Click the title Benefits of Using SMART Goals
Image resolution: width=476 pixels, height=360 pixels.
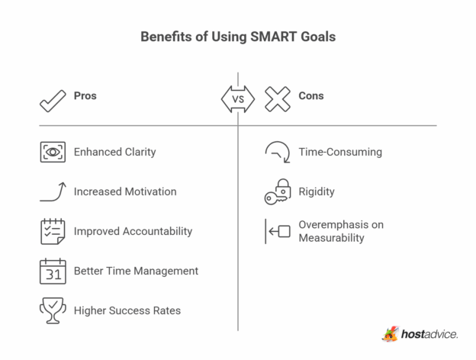[x=238, y=37]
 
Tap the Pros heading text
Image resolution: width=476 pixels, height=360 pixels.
[x=85, y=96]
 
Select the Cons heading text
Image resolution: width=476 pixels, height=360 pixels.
[x=310, y=96]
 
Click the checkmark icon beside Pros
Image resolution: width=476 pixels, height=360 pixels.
[x=53, y=98]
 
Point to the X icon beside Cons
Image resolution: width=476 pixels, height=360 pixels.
[x=278, y=98]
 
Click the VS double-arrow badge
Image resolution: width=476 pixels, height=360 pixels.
[x=238, y=98]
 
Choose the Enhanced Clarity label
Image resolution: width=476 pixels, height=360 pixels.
[x=114, y=152]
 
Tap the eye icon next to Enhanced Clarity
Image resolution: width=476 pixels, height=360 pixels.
[x=53, y=152]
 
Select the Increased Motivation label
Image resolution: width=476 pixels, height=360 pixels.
[x=124, y=191]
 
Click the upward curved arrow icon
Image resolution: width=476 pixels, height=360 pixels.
[x=53, y=191]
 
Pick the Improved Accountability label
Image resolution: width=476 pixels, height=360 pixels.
[x=133, y=231]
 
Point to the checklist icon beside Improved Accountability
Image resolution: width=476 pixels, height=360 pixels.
[x=53, y=231]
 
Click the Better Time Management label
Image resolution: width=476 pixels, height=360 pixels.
[x=136, y=271]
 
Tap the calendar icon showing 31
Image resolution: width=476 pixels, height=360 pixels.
[x=53, y=271]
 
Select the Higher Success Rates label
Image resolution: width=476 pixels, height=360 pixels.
[x=127, y=310]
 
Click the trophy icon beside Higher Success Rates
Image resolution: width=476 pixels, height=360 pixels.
[x=53, y=310]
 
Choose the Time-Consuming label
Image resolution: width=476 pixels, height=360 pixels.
[x=340, y=152]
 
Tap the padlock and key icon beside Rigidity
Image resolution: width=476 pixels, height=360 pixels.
[x=278, y=191]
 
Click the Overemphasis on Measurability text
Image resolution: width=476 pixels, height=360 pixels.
[x=340, y=231]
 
